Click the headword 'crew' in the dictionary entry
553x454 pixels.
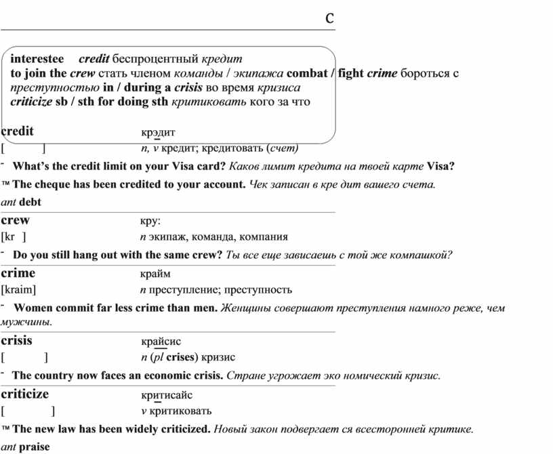pos(16,220)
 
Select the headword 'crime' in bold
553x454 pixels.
pos(18,273)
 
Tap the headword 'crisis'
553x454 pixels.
pos(17,340)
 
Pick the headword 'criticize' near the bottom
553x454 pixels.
pos(25,394)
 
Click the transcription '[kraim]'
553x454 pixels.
pos(18,290)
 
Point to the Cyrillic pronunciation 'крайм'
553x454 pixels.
pos(156,274)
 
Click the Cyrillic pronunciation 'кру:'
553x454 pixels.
pos(150,221)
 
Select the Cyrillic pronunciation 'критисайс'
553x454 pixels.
pos(167,395)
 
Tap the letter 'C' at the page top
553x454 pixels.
pos(329,18)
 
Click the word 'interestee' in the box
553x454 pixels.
pos(37,60)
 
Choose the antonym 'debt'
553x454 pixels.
pos(30,202)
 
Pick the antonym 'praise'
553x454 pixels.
pos(35,447)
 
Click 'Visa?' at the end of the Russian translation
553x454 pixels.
pos(442,166)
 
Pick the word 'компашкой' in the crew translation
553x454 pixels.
pos(423,255)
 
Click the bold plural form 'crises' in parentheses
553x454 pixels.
pos(181,357)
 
